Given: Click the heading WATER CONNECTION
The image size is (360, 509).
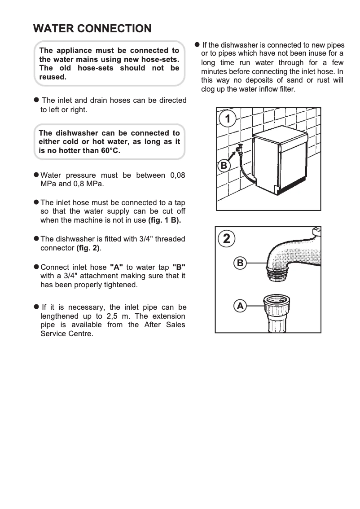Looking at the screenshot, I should coord(92,29).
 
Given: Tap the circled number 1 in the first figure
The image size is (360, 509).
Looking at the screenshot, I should coord(228,119).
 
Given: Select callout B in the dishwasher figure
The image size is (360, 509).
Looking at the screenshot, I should coord(224,166).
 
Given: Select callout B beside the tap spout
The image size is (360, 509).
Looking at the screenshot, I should coord(240,263).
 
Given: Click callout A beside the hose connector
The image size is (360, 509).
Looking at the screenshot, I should coord(240,307).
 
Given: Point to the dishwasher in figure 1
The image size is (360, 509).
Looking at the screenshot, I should coord(278,164).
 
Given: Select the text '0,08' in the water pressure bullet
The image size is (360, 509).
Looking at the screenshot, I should coord(175,175).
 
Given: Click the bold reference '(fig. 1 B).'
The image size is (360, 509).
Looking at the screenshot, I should coord(164,220).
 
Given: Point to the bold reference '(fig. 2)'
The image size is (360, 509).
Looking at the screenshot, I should coord(88,248).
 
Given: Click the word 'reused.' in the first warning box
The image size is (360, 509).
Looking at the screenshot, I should coord(53,77).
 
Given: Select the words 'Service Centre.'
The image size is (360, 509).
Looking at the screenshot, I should coord(67,334).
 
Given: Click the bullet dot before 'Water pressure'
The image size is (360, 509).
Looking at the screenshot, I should coord(36,175).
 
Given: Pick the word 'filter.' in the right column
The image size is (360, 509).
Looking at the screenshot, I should coord(285,89).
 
